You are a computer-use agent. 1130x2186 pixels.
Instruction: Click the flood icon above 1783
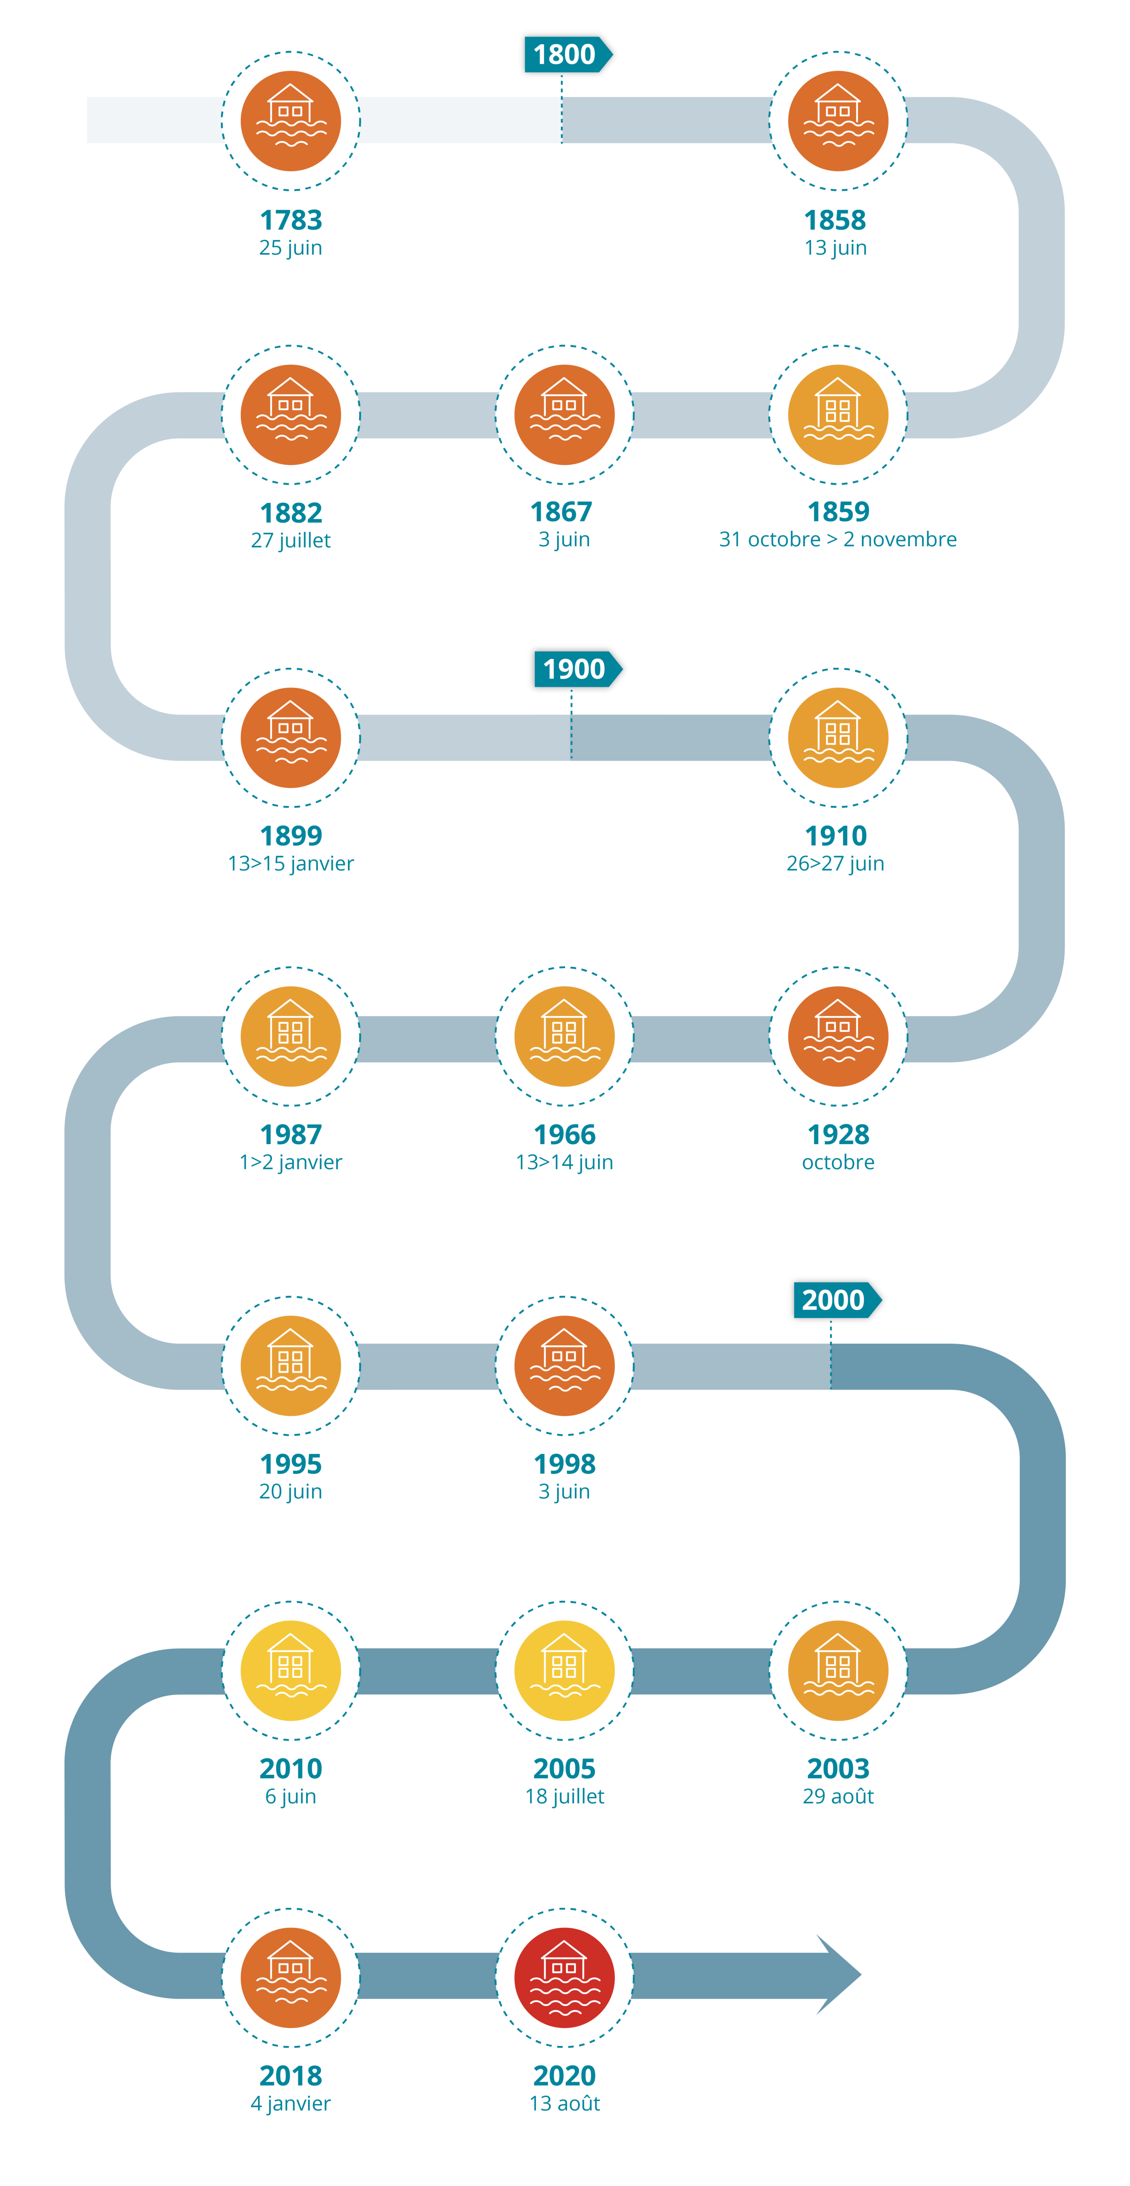tap(291, 121)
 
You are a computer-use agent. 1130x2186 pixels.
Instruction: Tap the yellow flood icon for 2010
tap(291, 1670)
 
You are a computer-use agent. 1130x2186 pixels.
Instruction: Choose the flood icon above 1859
tap(838, 415)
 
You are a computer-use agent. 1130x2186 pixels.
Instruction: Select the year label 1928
tap(838, 1134)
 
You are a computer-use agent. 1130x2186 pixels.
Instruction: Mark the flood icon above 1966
tap(564, 1036)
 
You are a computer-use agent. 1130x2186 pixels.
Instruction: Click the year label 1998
tap(564, 1464)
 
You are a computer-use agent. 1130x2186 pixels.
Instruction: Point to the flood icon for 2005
tap(564, 1670)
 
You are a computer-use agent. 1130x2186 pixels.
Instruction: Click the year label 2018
tap(291, 2076)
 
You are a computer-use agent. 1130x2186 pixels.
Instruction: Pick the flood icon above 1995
tap(291, 1365)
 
